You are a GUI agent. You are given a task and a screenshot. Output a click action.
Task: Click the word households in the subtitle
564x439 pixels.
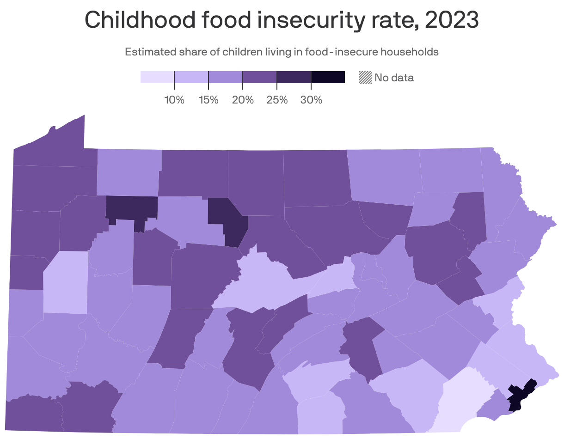click(x=409, y=52)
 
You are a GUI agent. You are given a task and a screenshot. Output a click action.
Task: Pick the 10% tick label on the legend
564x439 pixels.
click(x=174, y=100)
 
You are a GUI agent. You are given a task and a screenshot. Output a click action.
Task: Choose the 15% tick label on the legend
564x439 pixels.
click(x=208, y=100)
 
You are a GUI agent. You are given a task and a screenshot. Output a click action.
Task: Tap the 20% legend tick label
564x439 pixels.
click(x=243, y=100)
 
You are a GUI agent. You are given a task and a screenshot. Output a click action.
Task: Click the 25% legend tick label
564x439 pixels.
click(x=277, y=100)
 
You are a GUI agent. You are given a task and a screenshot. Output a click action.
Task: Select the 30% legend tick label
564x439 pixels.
click(x=311, y=100)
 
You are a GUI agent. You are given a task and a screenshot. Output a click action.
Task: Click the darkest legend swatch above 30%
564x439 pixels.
click(x=328, y=77)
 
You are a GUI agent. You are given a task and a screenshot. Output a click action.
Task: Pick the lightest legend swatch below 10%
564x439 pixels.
click(x=157, y=77)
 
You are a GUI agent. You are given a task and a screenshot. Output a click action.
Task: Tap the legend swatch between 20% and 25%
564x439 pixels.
click(x=260, y=77)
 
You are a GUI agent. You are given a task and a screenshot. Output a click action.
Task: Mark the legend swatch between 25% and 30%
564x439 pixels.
click(x=294, y=77)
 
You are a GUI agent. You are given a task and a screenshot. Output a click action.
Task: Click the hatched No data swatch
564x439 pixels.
click(x=365, y=78)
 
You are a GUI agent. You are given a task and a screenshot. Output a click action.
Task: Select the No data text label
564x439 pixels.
click(x=394, y=78)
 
